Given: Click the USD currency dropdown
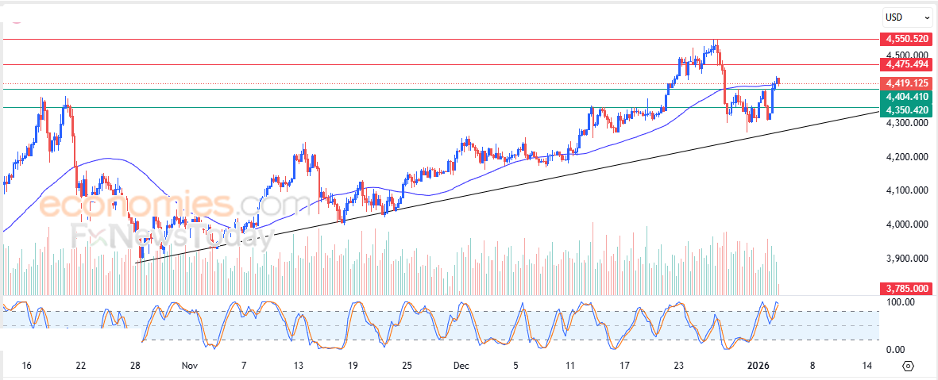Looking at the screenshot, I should coord(907,16).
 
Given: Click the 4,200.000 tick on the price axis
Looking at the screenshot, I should coord(906,157).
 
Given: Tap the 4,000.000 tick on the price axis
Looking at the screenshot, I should coord(906,225).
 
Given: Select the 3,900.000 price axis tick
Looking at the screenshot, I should coord(906,259).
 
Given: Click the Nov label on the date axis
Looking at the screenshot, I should coord(189,366).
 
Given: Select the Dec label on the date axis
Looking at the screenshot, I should coord(461,366).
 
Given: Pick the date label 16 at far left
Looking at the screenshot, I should coord(26,366).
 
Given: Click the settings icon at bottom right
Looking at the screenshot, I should coord(909,366).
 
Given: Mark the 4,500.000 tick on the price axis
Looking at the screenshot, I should coord(906,56).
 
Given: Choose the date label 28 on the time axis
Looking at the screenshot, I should coord(135,366).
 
